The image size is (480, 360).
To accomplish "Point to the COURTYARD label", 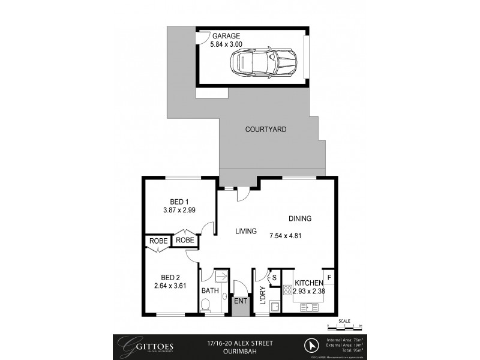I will tap(266, 130).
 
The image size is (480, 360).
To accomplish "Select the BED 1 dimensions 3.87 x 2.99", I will tap(179, 211).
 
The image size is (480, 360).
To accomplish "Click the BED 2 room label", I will tap(171, 277).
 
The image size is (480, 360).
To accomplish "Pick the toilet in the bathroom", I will tap(206, 306).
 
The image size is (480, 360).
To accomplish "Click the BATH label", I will tap(210, 290).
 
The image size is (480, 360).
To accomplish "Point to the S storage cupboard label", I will tap(274, 277).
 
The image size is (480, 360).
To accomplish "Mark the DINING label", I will tap(300, 219).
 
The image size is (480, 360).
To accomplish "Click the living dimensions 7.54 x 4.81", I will tap(286, 236).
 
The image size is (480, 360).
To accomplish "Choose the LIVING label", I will tap(246, 231).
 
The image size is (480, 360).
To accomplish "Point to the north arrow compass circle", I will tap(311, 345).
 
